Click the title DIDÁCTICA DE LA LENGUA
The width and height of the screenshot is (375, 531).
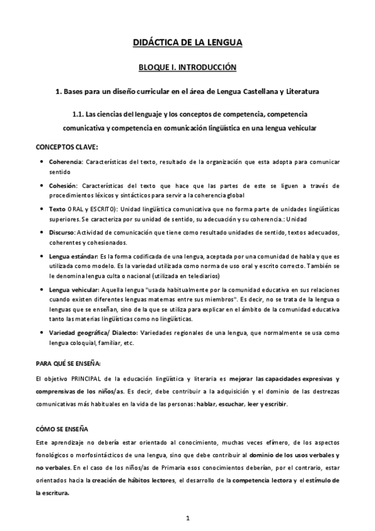(187, 43)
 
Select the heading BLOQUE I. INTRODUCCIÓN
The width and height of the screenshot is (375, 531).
(187, 66)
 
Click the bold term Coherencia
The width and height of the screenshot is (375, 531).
(65, 162)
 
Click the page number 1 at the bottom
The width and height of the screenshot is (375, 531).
(187, 518)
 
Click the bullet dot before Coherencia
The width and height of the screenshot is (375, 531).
(41, 162)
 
